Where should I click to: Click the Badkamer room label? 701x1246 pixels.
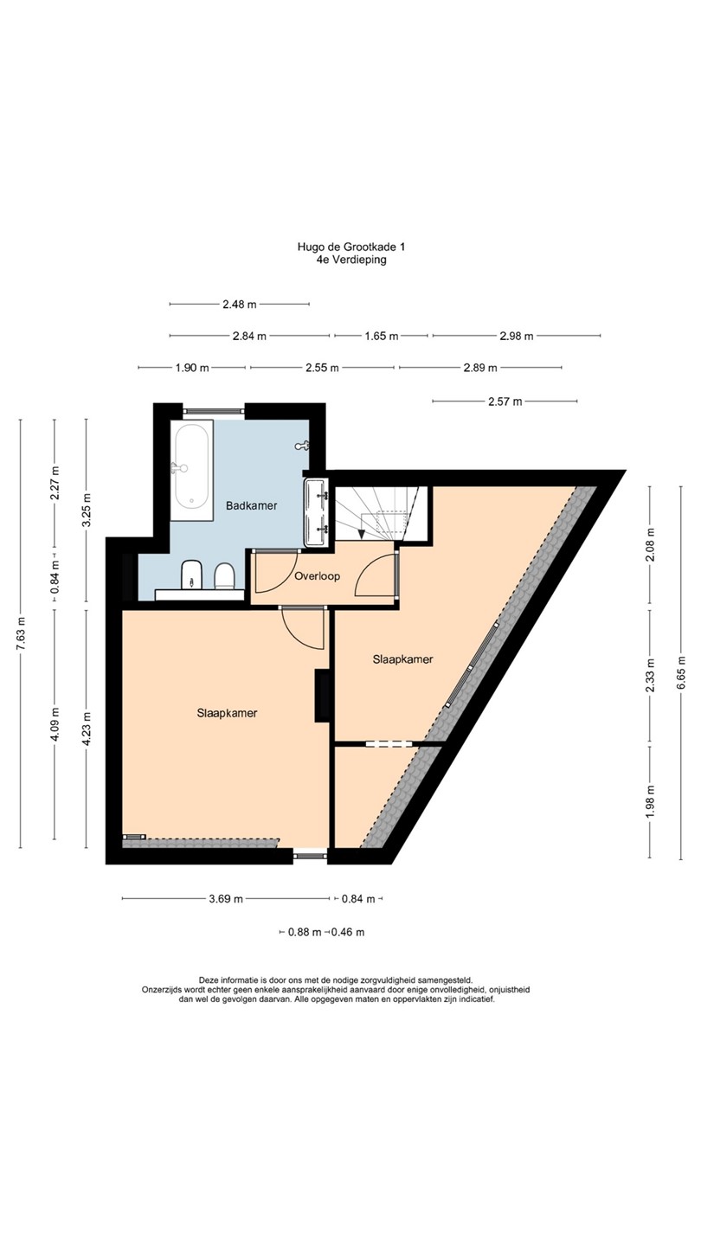252,505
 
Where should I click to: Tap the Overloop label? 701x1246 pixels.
317,576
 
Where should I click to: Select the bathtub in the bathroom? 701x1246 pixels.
191,471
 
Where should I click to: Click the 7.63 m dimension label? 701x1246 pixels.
21,633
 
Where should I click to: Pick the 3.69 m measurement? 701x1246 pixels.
226,898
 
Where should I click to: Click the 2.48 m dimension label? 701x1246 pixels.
239,305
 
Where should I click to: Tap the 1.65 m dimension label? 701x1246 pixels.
381,336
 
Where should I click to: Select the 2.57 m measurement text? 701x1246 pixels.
505,401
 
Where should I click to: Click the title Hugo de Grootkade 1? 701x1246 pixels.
350,247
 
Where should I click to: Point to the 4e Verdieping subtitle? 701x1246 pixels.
350,260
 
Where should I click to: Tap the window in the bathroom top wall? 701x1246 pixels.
214,411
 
